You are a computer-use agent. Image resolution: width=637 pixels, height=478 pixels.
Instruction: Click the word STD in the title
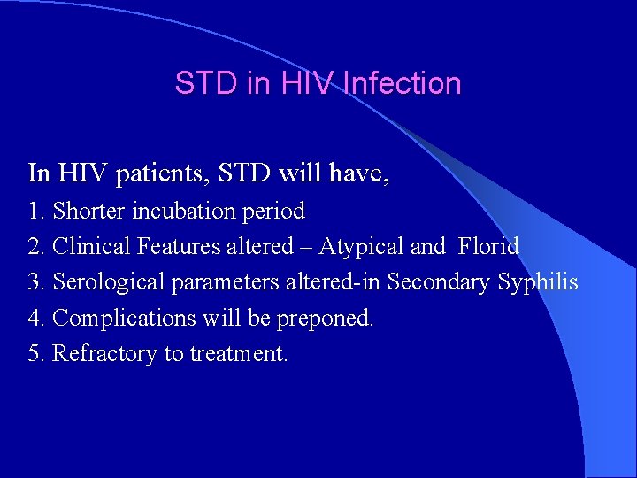click(201, 83)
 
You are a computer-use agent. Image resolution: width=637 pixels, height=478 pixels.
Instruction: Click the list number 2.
click(35, 247)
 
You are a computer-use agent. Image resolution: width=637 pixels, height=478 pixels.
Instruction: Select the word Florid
click(488, 247)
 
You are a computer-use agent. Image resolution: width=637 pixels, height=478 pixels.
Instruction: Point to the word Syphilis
click(538, 283)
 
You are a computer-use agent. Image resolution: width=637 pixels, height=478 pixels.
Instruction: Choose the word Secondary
click(438, 282)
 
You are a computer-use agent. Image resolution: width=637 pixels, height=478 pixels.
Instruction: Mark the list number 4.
click(35, 318)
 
